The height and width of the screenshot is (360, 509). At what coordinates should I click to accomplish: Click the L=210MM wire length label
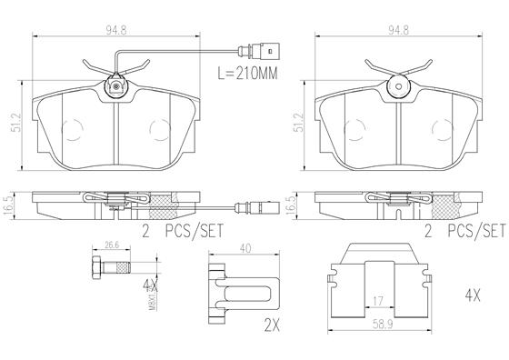pyautogui.click(x=247, y=74)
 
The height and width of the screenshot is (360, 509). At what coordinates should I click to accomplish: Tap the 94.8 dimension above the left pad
pyautogui.click(x=116, y=30)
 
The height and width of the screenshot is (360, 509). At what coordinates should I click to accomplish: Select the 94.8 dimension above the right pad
pyautogui.click(x=398, y=30)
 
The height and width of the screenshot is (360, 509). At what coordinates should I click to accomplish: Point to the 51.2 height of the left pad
pyautogui.click(x=16, y=123)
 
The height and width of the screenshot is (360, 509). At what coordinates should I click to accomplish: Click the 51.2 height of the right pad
pyautogui.click(x=299, y=123)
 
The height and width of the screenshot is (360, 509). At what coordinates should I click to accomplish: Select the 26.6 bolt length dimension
pyautogui.click(x=111, y=245)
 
